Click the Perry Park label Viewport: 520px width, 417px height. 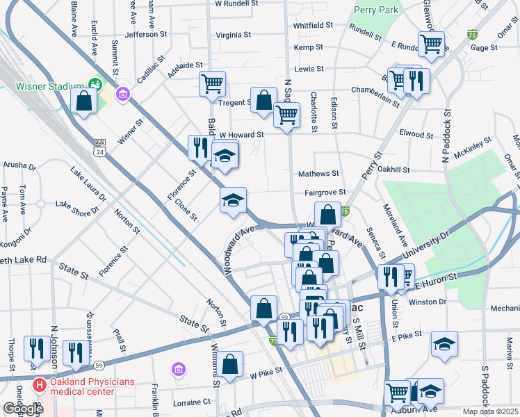(x=376, y=10)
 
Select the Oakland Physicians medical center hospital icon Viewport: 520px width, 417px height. (x=40, y=384)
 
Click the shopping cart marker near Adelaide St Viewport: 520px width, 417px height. (x=212, y=84)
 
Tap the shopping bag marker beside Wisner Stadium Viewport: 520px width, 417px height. (x=83, y=101)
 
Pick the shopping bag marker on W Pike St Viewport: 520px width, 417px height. (x=229, y=363)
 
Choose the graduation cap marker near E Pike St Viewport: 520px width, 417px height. (x=444, y=344)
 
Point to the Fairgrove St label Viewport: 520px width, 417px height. (x=325, y=193)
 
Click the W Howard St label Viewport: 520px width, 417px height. (x=242, y=135)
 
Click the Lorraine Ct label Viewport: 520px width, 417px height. (x=192, y=402)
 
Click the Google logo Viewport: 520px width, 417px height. (x=23, y=408)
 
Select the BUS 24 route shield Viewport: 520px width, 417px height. (x=100, y=147)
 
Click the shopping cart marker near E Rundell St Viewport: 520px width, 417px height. (x=432, y=44)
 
